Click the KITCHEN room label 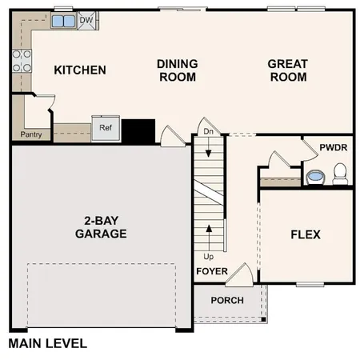click(x=79, y=70)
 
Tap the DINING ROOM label click(x=177, y=70)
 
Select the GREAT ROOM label click(x=287, y=70)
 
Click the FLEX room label click(x=305, y=234)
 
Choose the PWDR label click(x=332, y=148)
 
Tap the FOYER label click(x=212, y=271)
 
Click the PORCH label click(x=227, y=300)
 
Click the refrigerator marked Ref click(x=106, y=127)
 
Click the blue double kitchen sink click(x=64, y=21)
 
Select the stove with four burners click(x=21, y=61)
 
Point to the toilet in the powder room click(x=340, y=172)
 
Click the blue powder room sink click(x=315, y=176)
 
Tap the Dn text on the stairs click(x=208, y=131)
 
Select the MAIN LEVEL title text click(x=47, y=344)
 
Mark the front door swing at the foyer click(x=246, y=274)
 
